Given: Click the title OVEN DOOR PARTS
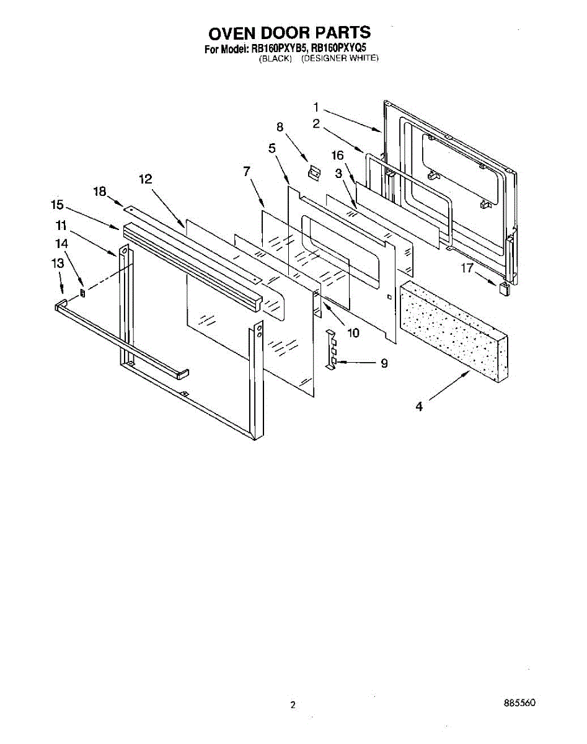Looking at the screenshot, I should tap(289, 33).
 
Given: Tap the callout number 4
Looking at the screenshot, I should tap(419, 407).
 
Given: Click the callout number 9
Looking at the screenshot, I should tap(384, 363).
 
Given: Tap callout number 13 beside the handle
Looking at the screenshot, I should tap(57, 263).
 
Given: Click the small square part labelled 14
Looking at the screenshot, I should tap(82, 292).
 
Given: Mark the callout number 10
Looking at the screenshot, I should tap(353, 333).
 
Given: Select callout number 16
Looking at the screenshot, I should tap(337, 155).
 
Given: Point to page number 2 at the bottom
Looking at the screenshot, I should tap(293, 705).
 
